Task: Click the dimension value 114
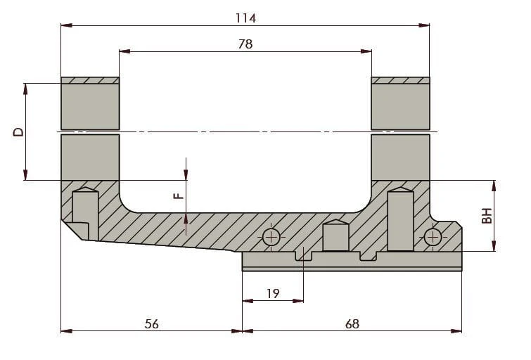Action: (x=245, y=18)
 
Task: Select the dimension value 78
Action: (x=245, y=44)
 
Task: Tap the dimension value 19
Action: (x=273, y=293)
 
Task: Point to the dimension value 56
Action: (x=151, y=323)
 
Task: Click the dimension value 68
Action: (x=352, y=323)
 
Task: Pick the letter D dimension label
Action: (x=18, y=131)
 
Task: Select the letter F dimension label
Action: (x=179, y=195)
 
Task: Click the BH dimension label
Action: (x=487, y=216)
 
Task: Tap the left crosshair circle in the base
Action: (x=271, y=237)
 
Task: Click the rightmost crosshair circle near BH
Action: (x=433, y=237)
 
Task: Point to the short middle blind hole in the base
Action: (x=335, y=236)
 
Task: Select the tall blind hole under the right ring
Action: (x=401, y=219)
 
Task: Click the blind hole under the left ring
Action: (x=85, y=213)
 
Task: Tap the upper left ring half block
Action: (x=90, y=103)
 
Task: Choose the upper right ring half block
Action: (x=401, y=103)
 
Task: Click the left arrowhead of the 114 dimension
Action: (x=66, y=25)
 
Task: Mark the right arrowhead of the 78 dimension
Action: (x=366, y=51)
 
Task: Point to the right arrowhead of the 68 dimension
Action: (x=456, y=331)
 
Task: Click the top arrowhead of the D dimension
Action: (x=25, y=89)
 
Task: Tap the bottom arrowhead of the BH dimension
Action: (x=494, y=246)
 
